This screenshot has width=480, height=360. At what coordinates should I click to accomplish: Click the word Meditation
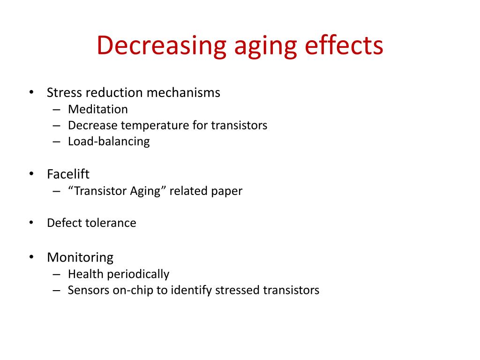[x=97, y=109]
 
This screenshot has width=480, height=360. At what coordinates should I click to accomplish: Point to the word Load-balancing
[x=109, y=141]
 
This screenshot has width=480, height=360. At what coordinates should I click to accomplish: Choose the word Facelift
[x=68, y=174]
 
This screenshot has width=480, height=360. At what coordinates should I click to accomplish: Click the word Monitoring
[x=80, y=257]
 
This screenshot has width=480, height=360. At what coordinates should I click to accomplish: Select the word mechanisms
[x=183, y=92]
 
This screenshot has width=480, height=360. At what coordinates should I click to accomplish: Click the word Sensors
[x=88, y=290]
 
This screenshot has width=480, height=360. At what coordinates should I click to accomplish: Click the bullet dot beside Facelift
[x=31, y=174]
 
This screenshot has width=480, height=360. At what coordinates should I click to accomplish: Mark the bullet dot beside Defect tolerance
[x=31, y=223]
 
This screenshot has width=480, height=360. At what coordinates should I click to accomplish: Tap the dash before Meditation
[x=57, y=110]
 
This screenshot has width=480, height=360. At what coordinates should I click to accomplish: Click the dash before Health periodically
[x=57, y=274]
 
